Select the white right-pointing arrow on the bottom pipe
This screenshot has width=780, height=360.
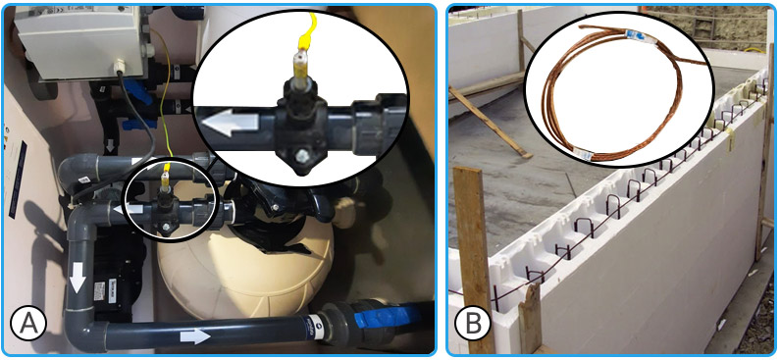point(196,336)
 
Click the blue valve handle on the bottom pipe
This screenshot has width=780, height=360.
point(377,320)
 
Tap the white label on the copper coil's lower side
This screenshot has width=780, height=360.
point(588,153)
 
